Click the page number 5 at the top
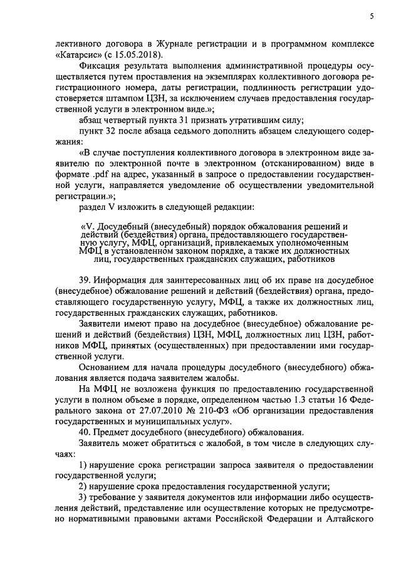(372, 17)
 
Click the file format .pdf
(97, 179)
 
